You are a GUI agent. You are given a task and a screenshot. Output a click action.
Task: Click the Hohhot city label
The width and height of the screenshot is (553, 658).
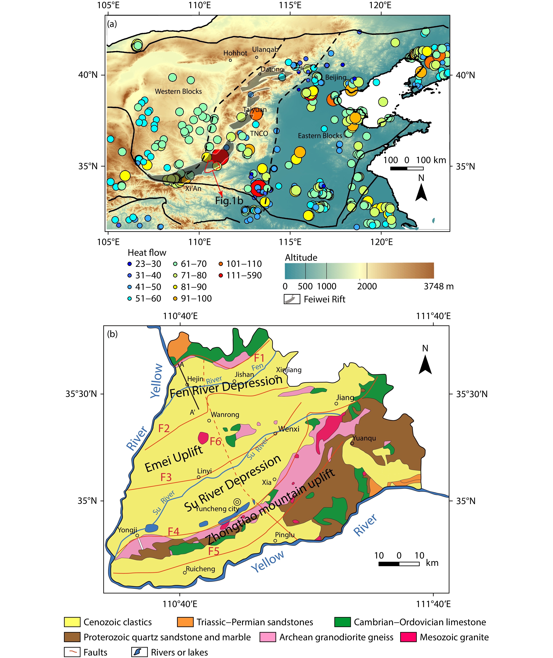pos(235,53)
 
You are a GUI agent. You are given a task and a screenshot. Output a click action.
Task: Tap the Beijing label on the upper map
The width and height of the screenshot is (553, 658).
pos(336,77)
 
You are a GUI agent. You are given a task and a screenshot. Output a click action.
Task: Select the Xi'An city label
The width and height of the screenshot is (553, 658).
pos(193,188)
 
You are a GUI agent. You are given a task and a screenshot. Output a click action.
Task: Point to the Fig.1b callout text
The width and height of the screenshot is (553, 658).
pos(229,201)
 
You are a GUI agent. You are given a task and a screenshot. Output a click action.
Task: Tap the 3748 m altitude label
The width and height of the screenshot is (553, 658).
pos(439,286)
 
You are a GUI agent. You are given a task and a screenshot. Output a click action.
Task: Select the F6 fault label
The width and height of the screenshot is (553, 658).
pos(216,441)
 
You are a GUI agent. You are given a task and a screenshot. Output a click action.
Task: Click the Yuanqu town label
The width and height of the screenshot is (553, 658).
pos(364,438)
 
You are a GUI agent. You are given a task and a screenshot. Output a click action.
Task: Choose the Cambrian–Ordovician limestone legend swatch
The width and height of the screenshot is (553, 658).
pos(342,622)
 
